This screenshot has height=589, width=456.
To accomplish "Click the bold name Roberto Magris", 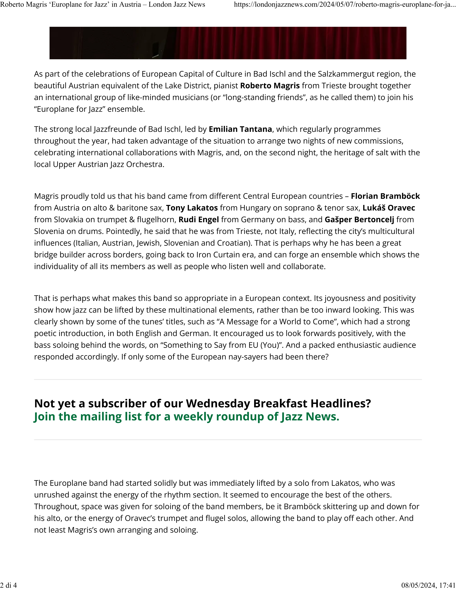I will click(x=270, y=86).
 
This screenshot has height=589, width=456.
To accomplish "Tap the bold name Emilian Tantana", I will click(x=240, y=129).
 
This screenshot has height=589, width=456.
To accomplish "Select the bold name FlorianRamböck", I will click(x=385, y=196).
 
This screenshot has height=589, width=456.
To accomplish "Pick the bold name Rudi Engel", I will click(x=198, y=220).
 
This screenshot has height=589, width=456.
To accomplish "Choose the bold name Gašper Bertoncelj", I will click(x=359, y=220).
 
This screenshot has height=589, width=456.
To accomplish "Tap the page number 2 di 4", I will click(x=8, y=585).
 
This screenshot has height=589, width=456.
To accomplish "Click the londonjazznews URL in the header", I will click(x=344, y=5).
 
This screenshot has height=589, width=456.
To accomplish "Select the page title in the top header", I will click(x=103, y=5).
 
